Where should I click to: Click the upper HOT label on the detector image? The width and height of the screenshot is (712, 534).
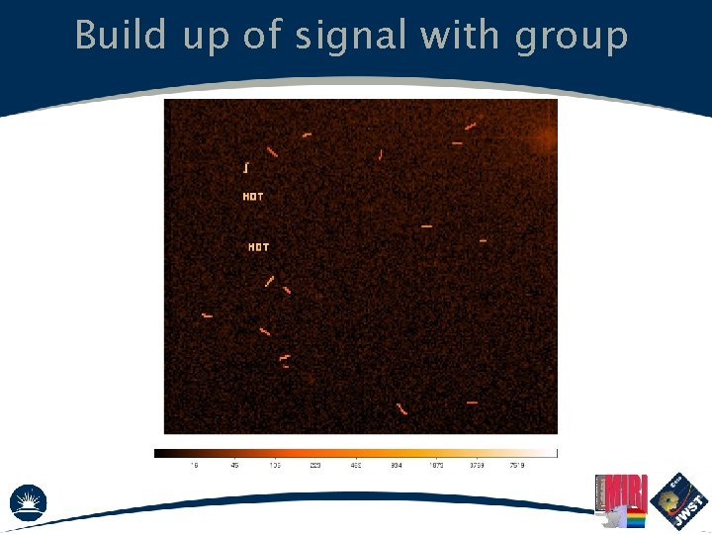[x=253, y=197]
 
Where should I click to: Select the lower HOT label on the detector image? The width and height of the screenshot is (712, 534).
[x=258, y=246]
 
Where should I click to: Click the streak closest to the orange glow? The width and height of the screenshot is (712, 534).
[x=471, y=126]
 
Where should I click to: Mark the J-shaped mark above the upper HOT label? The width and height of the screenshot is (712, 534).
[x=245, y=167]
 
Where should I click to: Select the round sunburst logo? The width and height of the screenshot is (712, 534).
[x=29, y=501]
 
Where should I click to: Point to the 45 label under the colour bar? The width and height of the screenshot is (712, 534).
[x=234, y=465]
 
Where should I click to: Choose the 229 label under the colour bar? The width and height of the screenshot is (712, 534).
[x=315, y=465]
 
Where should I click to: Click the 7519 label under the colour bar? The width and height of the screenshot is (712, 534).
[x=516, y=465]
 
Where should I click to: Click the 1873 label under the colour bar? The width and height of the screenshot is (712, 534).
[x=436, y=465]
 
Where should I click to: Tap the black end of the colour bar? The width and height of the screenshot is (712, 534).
[x=160, y=453]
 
